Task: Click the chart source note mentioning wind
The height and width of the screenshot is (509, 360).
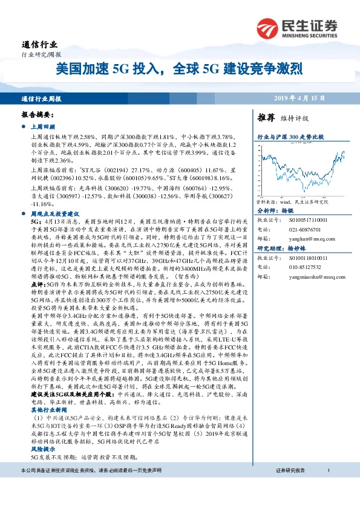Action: (293, 201)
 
